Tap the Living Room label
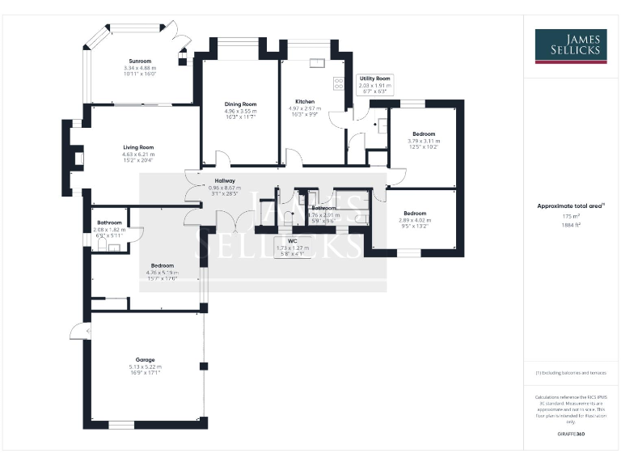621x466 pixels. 138,147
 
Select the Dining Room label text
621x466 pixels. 240,104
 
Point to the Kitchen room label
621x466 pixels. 305,102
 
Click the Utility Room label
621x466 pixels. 374,78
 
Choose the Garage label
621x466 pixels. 145,359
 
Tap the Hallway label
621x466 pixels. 225,180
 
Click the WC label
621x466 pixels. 282,240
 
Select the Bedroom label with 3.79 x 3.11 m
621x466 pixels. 424,133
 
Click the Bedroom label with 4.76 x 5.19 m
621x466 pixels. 162,265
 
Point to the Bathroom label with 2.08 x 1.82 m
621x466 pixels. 109,222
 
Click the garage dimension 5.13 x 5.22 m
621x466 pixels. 145,366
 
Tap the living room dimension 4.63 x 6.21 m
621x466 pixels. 138,154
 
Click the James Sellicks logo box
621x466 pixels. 570,46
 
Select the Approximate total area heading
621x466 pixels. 570,206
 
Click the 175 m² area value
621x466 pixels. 571,216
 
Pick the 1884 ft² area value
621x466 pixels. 571,225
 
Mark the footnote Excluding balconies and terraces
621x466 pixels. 570,373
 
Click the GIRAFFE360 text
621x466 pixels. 571,434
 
